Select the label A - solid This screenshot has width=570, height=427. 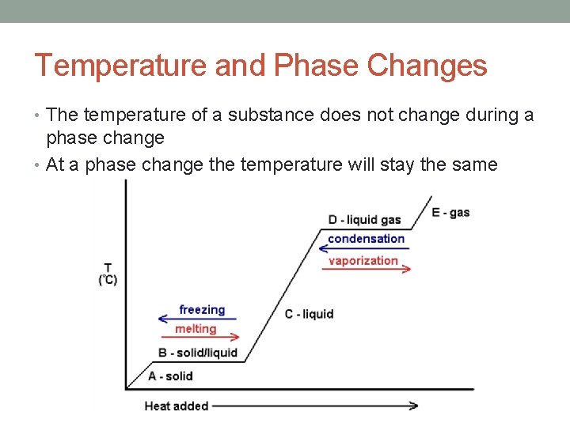point(170,376)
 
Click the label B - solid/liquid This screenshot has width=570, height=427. point(198,353)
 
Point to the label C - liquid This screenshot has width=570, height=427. point(309,314)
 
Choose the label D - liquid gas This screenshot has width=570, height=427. point(364,219)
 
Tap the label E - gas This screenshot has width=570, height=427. point(450,212)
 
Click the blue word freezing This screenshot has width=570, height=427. point(202,310)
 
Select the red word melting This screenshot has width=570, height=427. point(196,329)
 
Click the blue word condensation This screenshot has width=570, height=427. point(366,239)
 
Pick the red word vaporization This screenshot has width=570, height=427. point(363,260)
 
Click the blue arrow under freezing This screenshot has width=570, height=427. point(198,319)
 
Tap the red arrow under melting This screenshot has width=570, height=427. point(199,338)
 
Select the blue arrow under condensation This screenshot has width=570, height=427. point(365,248)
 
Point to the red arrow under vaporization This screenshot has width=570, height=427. point(367,269)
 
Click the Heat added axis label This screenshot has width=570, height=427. point(176,406)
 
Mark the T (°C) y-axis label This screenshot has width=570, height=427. point(108,274)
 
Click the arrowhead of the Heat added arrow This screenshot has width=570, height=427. point(413,406)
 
